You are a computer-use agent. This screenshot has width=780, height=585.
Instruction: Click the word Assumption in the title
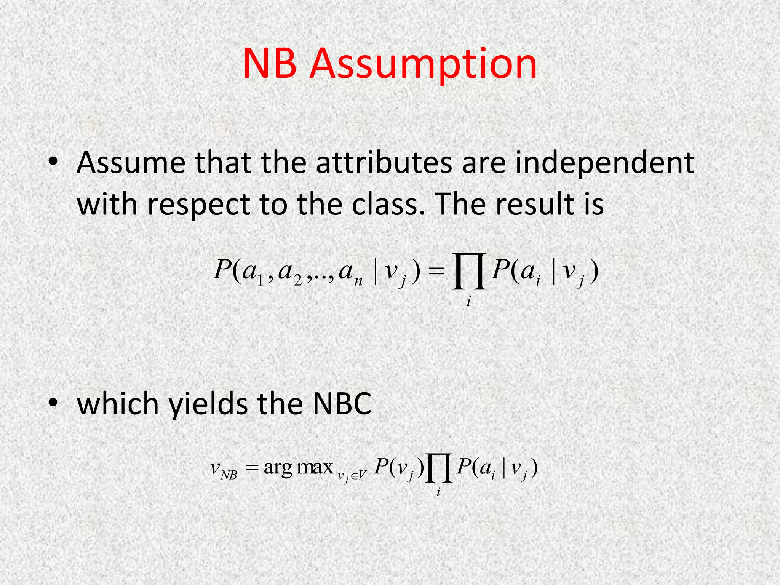point(423,64)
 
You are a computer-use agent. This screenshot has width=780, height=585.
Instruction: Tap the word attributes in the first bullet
point(384,163)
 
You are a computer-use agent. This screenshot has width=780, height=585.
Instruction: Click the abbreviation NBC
point(342,404)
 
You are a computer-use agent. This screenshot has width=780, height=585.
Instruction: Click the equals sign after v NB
point(252,468)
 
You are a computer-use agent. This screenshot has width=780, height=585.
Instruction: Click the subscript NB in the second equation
point(229,475)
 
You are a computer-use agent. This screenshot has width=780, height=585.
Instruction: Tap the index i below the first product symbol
point(468,302)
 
